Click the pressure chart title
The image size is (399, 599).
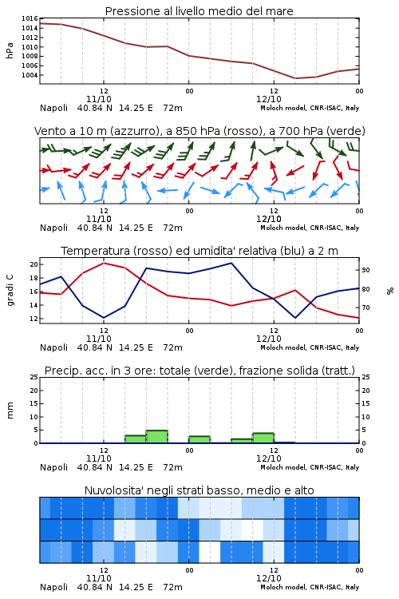click(199, 11)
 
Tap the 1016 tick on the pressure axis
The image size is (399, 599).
click(30, 18)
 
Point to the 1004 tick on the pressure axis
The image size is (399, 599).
click(30, 75)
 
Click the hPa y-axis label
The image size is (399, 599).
click(10, 50)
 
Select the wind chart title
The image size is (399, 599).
click(199, 131)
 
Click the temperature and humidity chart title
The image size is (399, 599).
click(199, 251)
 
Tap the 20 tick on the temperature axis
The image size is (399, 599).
click(34, 264)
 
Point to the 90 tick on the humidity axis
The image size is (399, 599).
click(365, 270)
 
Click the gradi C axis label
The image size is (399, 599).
click(10, 291)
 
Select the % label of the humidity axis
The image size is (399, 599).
click(390, 291)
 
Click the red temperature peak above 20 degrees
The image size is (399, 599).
click(104, 263)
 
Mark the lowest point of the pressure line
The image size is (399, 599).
click(295, 78)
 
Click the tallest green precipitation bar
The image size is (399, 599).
click(157, 437)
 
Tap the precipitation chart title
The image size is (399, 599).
click(199, 371)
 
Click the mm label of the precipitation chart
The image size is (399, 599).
click(10, 411)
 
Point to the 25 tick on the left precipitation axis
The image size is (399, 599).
click(34, 377)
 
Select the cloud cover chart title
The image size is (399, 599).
click(199, 490)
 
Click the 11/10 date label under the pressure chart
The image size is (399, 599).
click(99, 99)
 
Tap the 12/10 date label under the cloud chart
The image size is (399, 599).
click(269, 578)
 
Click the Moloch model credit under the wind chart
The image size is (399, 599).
click(310, 228)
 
